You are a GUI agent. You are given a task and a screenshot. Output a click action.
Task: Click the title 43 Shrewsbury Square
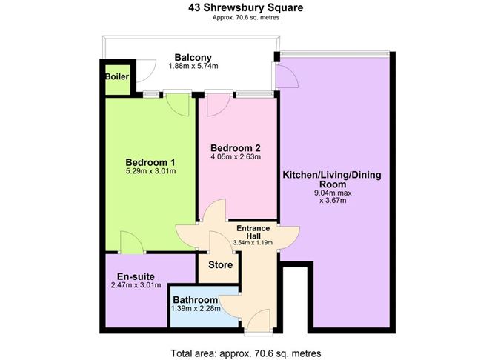click(247, 8)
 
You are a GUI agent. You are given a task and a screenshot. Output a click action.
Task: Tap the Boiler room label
click(116, 76)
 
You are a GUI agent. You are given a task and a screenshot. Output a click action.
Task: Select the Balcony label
click(193, 57)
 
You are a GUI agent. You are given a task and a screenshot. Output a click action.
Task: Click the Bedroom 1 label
click(150, 163)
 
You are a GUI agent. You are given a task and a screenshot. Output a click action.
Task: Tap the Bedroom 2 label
click(235, 146)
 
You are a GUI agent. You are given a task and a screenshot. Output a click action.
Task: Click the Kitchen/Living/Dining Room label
click(333, 179)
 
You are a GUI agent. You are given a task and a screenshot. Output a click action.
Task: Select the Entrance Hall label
click(253, 231)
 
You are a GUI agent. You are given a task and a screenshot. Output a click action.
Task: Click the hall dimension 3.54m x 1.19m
click(253, 242)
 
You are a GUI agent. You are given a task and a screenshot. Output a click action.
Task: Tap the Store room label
click(220, 264)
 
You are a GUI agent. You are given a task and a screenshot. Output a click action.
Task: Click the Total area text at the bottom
click(247, 352)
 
